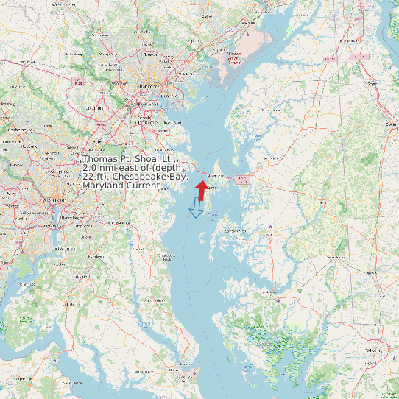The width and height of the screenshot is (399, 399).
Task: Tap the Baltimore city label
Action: (149, 86)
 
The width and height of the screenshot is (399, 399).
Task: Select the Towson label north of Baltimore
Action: (151, 54)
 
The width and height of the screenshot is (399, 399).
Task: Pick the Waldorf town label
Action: (82, 276)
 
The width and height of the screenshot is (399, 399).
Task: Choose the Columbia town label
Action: (94, 107)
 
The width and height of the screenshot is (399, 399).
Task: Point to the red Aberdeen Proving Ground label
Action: (234, 58)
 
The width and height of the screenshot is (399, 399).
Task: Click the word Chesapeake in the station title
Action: (151, 177)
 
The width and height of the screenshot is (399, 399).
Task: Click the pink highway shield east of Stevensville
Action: (242, 178)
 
